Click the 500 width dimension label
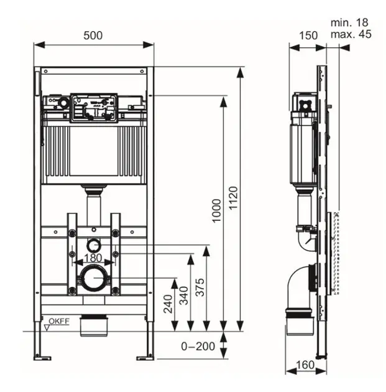click(x=93, y=35)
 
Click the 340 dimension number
click(x=183, y=294)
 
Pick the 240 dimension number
click(x=167, y=303)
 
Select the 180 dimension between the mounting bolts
click(x=94, y=258)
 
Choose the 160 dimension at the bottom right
click(x=305, y=365)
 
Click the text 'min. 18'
click(x=351, y=22)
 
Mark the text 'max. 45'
click(x=351, y=34)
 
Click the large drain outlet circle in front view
click(x=93, y=277)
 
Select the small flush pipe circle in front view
click(x=93, y=243)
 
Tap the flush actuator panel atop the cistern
click(x=94, y=107)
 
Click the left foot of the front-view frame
click(x=41, y=356)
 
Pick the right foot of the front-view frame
click(x=147, y=356)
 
